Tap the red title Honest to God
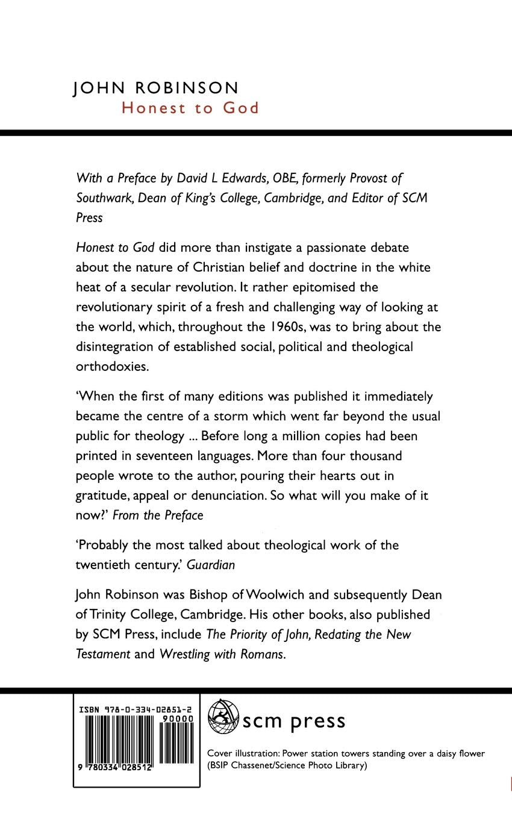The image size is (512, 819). click(x=190, y=108)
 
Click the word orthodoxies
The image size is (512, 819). click(x=111, y=367)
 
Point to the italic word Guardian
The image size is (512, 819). click(x=211, y=565)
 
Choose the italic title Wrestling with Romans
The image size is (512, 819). click(x=221, y=654)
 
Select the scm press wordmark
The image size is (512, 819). click(x=294, y=721)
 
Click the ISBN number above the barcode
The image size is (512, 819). click(x=136, y=711)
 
